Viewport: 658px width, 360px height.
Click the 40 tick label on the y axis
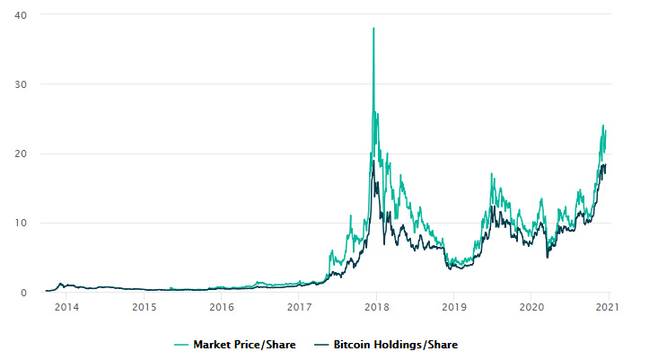(21, 15)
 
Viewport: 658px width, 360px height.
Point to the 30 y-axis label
(21, 84)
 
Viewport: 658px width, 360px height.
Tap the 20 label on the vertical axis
(21, 154)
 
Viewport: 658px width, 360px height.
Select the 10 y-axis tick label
(21, 224)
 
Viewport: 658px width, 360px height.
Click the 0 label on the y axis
(23, 293)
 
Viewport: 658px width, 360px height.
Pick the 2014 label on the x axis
(66, 307)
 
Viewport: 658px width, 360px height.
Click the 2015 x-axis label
(144, 307)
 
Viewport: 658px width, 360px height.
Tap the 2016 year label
(222, 307)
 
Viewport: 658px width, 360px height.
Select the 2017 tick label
(299, 307)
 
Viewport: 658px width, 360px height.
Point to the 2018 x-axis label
(377, 307)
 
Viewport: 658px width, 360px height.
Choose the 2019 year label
(454, 307)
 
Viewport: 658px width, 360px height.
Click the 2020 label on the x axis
(531, 307)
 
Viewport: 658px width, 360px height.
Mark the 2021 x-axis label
(607, 307)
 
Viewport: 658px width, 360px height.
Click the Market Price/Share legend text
(244, 345)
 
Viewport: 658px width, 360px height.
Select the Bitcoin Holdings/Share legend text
(395, 345)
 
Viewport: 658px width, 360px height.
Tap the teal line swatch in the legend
(181, 345)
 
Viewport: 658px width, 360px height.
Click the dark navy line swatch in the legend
(321, 345)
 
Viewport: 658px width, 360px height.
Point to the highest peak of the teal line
(373, 28)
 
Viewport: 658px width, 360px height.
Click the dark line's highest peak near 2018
(373, 161)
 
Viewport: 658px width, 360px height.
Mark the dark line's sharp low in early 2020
(548, 258)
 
